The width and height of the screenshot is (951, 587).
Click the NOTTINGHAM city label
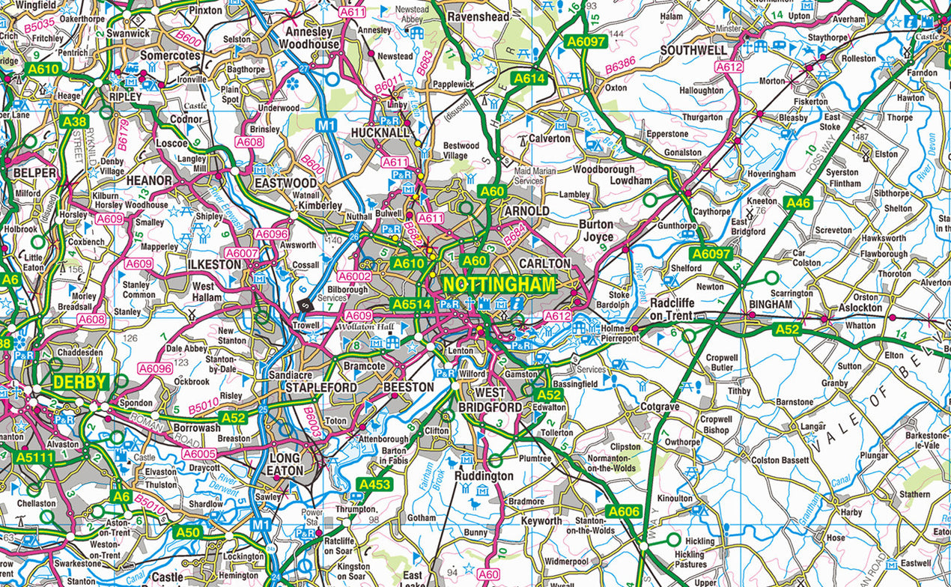(x=499, y=285)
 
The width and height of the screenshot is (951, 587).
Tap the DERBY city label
(x=79, y=382)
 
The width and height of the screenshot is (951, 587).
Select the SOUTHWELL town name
(x=694, y=50)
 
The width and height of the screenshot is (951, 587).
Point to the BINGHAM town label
(x=771, y=305)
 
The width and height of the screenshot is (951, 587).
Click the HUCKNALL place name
(x=382, y=133)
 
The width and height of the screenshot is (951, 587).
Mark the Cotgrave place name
(x=660, y=407)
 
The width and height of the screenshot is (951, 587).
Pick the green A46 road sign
(x=798, y=202)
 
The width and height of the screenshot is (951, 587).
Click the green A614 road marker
(x=529, y=78)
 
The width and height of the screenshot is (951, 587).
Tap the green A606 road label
(x=624, y=512)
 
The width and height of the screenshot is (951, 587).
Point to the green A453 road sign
(x=375, y=485)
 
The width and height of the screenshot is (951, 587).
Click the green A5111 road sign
(x=35, y=457)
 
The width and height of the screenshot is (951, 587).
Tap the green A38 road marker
(x=74, y=121)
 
